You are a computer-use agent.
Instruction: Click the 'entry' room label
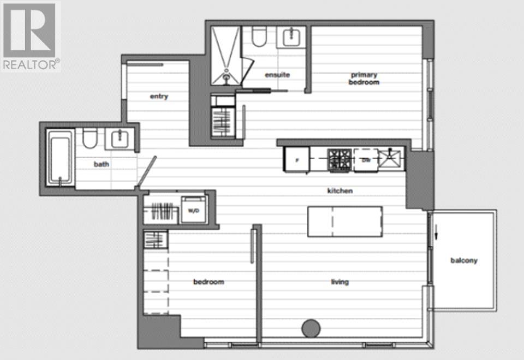(159, 97)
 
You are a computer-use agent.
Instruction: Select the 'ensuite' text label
(277, 75)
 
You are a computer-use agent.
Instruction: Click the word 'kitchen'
(340, 191)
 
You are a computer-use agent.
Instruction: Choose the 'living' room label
(339, 282)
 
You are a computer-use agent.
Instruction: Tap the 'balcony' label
(463, 260)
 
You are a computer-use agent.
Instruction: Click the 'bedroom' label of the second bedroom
(209, 282)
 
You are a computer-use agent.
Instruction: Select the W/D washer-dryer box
(193, 211)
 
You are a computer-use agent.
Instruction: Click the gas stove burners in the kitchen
(339, 160)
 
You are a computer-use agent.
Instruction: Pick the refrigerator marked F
(296, 160)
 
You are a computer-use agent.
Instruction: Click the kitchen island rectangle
(344, 221)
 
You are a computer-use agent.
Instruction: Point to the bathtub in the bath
(58, 159)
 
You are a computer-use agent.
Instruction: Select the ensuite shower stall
(225, 56)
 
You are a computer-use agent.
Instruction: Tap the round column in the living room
(311, 328)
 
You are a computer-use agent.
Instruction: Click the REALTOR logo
(30, 36)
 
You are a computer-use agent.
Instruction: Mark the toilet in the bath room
(90, 139)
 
